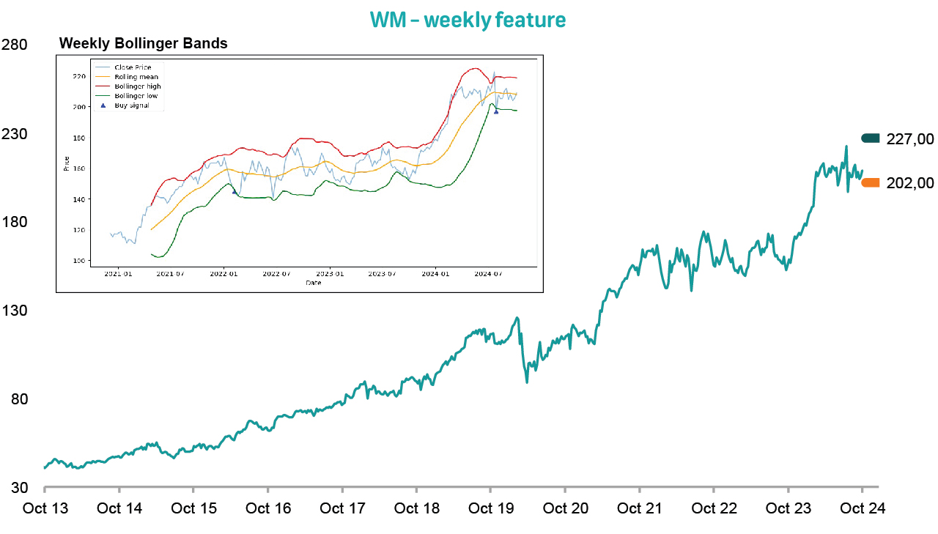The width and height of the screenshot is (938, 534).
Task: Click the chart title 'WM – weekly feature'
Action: (468, 20)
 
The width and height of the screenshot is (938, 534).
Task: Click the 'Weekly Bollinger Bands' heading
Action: (143, 43)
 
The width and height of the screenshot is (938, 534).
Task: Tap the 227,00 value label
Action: (909, 139)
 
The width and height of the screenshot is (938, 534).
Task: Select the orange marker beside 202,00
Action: (871, 183)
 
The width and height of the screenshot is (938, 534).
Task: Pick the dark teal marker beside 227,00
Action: (871, 138)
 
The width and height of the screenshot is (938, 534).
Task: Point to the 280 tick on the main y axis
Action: (15, 45)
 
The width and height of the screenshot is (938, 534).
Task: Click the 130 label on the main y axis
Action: (15, 311)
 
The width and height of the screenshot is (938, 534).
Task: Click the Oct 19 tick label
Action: (490, 509)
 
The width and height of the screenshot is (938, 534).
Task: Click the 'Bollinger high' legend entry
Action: (138, 86)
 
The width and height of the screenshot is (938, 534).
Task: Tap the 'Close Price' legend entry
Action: (133, 67)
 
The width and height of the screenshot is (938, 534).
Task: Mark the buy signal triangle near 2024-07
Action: (496, 111)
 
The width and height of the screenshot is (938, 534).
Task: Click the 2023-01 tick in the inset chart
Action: (330, 275)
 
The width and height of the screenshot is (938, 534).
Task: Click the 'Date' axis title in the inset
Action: (313, 283)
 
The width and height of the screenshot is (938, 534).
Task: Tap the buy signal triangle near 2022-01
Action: (234, 192)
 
